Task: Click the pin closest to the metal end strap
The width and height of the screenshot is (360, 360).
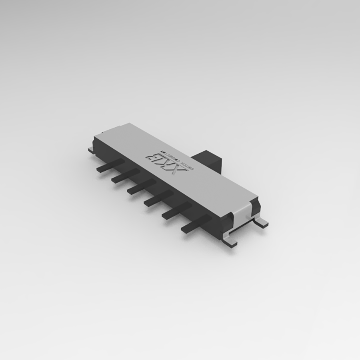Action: (x=196, y=223)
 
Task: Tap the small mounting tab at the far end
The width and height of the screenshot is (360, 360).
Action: (x=92, y=149)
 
